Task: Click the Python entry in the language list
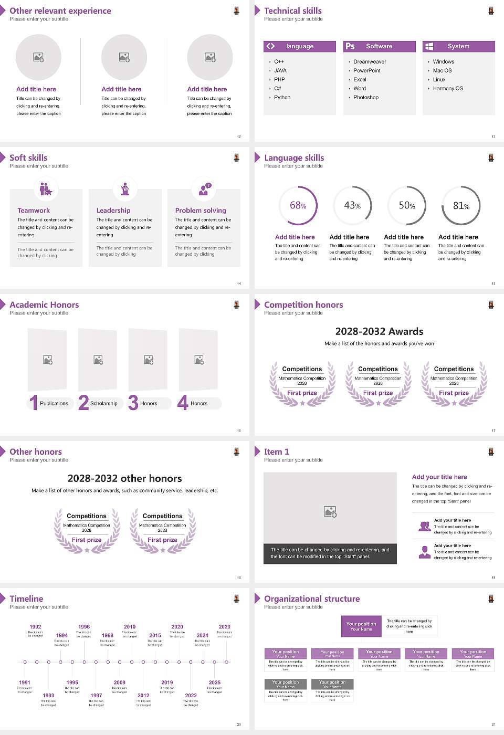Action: [282, 98]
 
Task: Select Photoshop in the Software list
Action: [366, 98]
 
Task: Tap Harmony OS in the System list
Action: [448, 89]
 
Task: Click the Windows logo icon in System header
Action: [429, 46]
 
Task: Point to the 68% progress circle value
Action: [298, 205]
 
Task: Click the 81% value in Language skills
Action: [461, 206]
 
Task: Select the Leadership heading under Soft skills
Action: [113, 211]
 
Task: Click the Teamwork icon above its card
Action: [46, 188]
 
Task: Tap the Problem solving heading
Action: [201, 211]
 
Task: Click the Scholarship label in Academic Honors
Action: [104, 404]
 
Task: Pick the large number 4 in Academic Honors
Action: [183, 403]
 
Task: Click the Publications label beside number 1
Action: [54, 404]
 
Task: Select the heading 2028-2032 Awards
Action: [379, 332]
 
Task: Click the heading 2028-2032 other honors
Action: [125, 479]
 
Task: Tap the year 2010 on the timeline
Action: [130, 627]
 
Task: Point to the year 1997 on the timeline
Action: [96, 696]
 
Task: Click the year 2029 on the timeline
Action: [224, 627]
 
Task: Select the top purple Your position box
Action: [361, 626]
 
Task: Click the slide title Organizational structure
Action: [312, 599]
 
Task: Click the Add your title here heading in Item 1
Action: [439, 477]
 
